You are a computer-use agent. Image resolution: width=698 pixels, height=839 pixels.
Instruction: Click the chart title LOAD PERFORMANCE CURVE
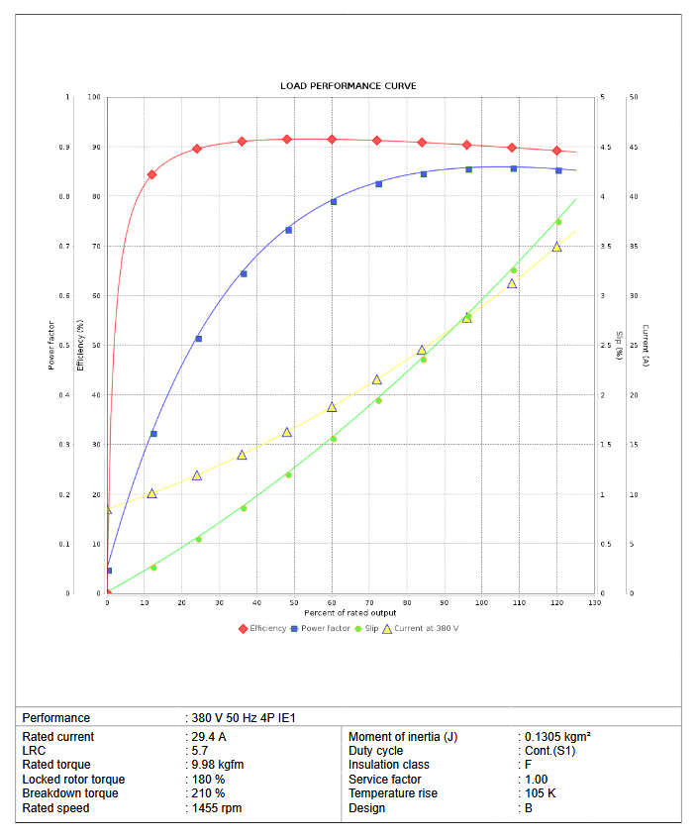[x=349, y=86]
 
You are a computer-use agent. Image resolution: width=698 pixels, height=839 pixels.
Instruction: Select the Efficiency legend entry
[x=263, y=629]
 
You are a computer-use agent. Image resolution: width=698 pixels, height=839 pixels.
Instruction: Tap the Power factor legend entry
[x=321, y=629]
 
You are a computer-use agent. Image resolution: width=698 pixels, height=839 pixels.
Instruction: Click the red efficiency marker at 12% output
[x=151, y=174]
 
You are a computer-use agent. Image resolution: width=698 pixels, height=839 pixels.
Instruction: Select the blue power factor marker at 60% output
[x=334, y=202]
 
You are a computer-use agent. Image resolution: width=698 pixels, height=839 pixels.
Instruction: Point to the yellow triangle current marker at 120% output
[x=556, y=247]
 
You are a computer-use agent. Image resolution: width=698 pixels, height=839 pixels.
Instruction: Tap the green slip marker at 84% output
[x=423, y=360]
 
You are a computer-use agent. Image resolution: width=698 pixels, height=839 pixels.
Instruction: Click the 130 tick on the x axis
[x=594, y=602]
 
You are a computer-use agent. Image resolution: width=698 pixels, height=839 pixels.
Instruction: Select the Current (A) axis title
[x=645, y=346]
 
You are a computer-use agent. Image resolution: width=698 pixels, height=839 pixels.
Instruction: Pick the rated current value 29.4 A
[x=209, y=737]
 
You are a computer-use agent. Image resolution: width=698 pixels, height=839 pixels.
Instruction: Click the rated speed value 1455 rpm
[x=217, y=808]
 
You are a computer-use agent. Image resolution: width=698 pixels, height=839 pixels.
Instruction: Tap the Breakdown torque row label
[x=70, y=793]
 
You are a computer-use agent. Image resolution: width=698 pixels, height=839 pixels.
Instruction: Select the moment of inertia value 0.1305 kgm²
[x=557, y=737]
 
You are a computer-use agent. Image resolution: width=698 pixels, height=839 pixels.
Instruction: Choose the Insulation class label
[x=388, y=765]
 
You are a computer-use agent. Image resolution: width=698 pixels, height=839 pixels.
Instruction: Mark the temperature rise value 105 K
[x=540, y=793]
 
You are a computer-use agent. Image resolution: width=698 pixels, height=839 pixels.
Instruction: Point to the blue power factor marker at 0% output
[x=109, y=571]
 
